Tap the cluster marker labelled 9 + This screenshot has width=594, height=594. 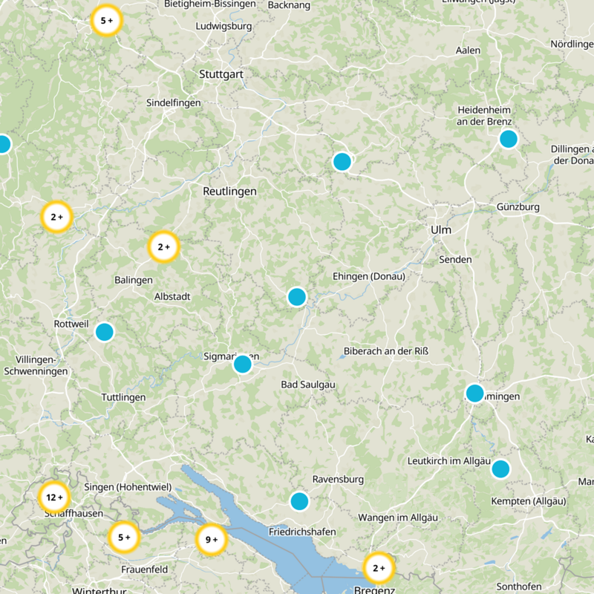click(x=212, y=540)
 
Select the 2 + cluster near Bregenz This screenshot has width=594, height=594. click(x=379, y=568)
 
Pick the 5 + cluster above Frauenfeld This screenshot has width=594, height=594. click(x=124, y=537)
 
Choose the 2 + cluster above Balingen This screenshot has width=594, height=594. click(x=164, y=247)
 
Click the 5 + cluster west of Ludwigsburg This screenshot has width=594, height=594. click(x=107, y=21)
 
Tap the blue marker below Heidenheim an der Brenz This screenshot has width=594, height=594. click(x=508, y=139)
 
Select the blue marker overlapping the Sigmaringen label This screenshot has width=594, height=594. click(x=242, y=364)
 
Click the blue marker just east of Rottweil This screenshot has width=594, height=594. click(x=105, y=332)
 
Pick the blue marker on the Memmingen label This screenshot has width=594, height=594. click(x=474, y=393)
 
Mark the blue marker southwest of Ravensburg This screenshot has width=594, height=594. click(x=299, y=501)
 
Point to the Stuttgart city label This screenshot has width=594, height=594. click(x=221, y=74)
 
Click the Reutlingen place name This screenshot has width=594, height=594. click(x=229, y=191)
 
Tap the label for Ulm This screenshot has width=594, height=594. click(x=440, y=230)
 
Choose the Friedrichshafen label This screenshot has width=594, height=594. click(x=302, y=532)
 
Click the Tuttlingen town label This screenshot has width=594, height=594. click(x=123, y=397)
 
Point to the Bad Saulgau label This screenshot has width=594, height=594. click(x=308, y=384)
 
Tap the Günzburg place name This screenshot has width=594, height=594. click(x=519, y=206)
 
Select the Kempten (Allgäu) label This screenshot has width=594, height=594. click(x=529, y=501)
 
